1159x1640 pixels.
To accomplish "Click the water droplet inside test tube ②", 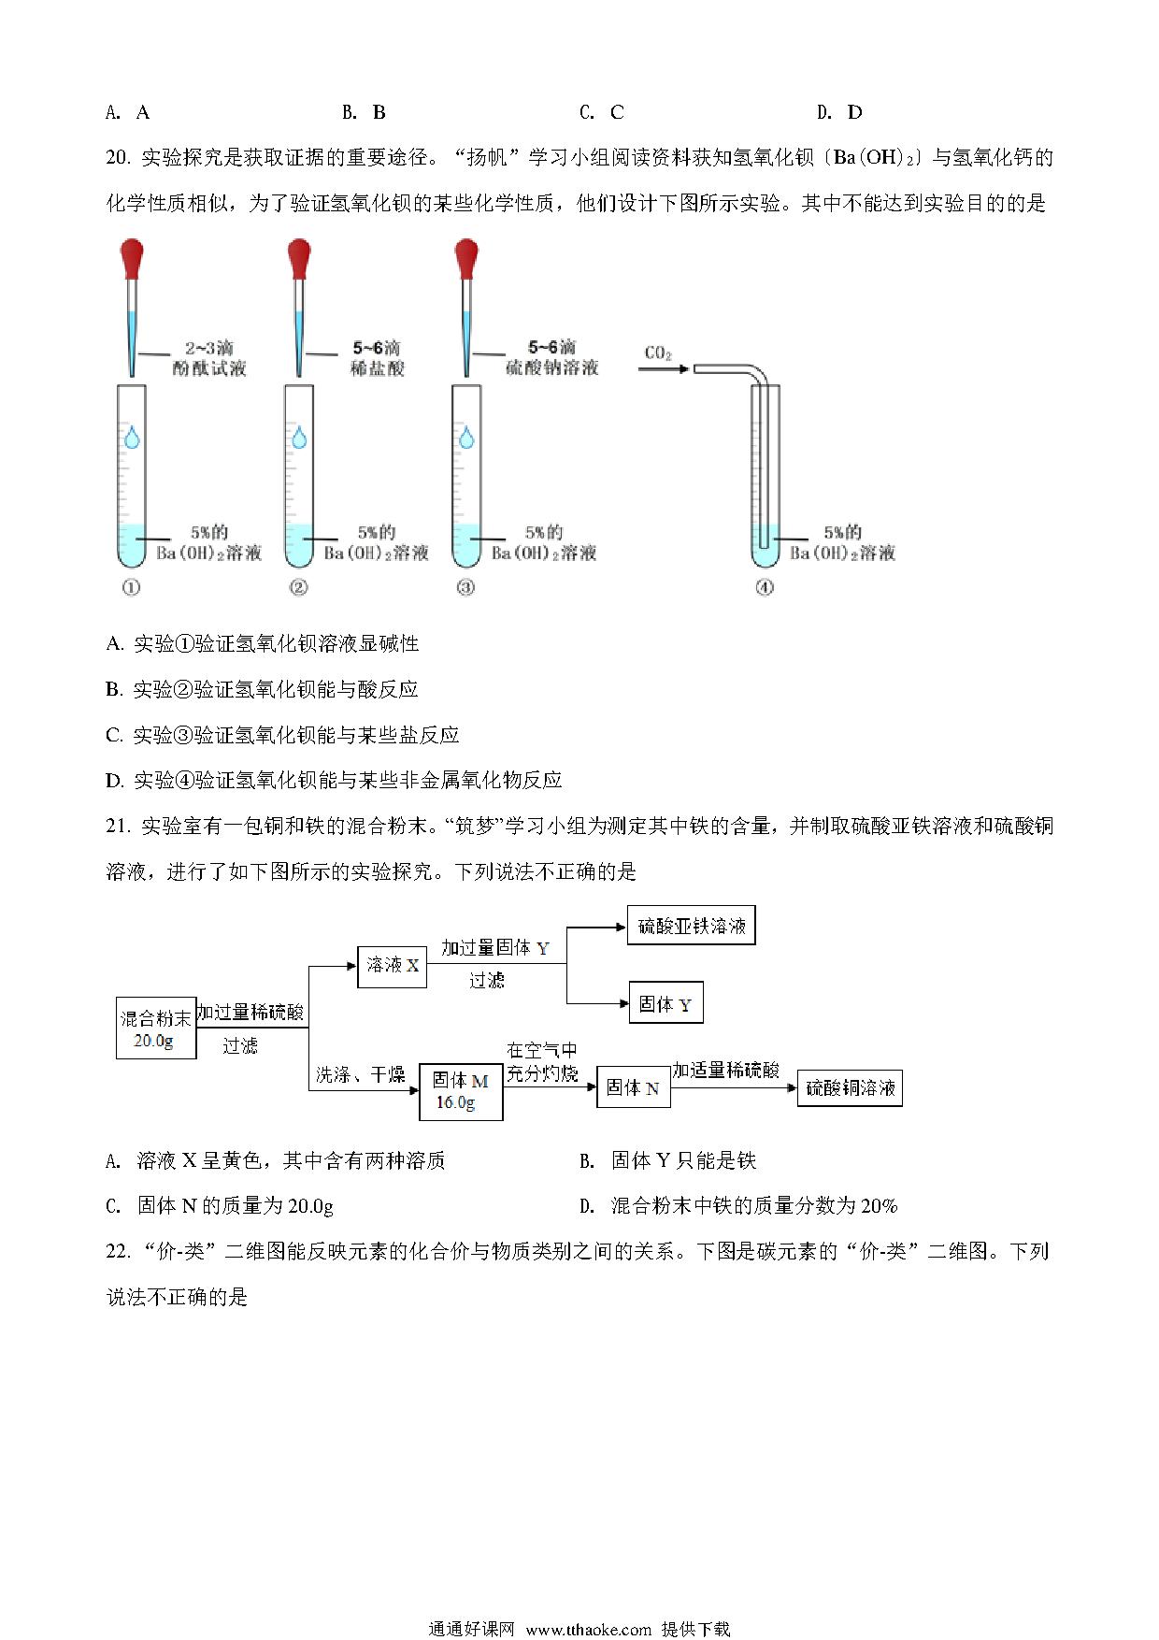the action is (299, 438).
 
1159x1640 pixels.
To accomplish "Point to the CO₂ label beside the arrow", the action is (658, 353).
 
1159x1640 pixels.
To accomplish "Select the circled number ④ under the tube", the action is (765, 588).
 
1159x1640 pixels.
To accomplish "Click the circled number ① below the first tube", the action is (131, 588).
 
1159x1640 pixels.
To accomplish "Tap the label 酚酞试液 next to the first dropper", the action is (209, 368).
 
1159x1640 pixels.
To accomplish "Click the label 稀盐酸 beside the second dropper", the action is (378, 368).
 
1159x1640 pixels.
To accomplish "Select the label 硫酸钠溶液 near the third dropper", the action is (551, 368).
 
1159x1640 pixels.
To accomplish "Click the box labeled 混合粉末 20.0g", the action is (156, 1028).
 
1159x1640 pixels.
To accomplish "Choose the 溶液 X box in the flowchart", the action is (393, 966).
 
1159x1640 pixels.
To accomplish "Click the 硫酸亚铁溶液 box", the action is (691, 926).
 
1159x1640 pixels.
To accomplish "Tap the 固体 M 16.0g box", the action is (461, 1091).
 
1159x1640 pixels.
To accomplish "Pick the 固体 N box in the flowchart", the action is (633, 1087).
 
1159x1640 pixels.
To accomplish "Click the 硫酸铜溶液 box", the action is (850, 1088).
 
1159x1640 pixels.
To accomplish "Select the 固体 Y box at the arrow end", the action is (665, 1004).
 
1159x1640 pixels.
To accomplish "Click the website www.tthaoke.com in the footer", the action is (589, 1628).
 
